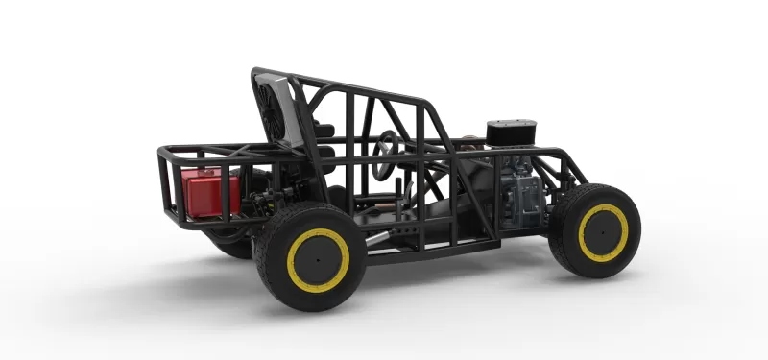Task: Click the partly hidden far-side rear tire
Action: click(230, 245)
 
